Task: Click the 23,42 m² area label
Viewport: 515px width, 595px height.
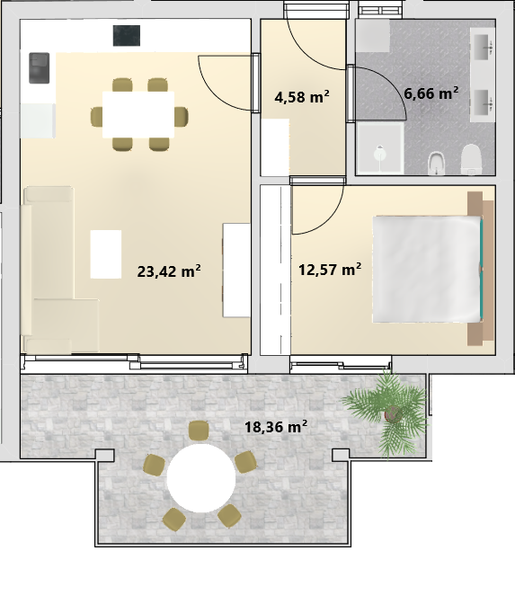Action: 169,271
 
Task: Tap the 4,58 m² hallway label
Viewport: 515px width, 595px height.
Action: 302,97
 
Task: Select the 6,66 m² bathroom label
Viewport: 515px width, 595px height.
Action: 431,93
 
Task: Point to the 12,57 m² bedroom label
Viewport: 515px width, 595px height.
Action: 330,270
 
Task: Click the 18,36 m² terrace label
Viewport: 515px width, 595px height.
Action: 276,427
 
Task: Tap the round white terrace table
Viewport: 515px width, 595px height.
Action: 201,478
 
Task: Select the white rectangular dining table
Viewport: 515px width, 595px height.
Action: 138,115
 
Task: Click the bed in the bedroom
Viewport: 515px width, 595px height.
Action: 428,270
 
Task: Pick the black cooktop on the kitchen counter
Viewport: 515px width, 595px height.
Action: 127,36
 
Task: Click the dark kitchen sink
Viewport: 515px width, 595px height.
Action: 40,68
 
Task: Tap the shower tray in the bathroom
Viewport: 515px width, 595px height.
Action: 380,148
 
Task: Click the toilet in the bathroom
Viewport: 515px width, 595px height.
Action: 471,160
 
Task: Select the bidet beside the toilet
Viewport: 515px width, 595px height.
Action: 438,164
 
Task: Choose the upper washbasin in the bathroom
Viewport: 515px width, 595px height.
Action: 482,47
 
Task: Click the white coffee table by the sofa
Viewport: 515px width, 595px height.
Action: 106,253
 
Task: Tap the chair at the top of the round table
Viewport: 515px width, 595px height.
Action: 199,431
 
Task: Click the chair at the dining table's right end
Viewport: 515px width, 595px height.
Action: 182,117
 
